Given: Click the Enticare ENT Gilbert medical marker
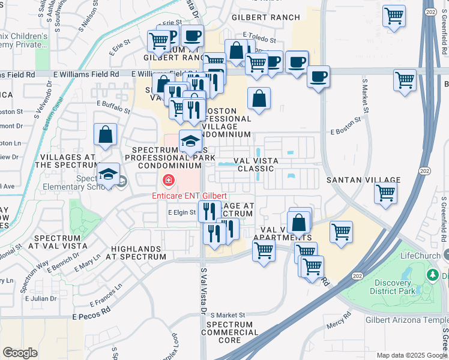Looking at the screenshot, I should pos(168,180).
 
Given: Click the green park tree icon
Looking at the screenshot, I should pos(432,275).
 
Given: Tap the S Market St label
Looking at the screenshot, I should pos(224,315).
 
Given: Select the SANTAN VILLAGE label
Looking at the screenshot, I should pos(363,180).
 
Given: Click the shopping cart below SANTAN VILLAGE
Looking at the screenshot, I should pos(385,193).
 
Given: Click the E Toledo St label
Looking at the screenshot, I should pos(259,38).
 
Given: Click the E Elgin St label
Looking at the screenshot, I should pos(182,212).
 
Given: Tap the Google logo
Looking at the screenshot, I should pos(20,353).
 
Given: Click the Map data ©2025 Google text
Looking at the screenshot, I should pos(411,355).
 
